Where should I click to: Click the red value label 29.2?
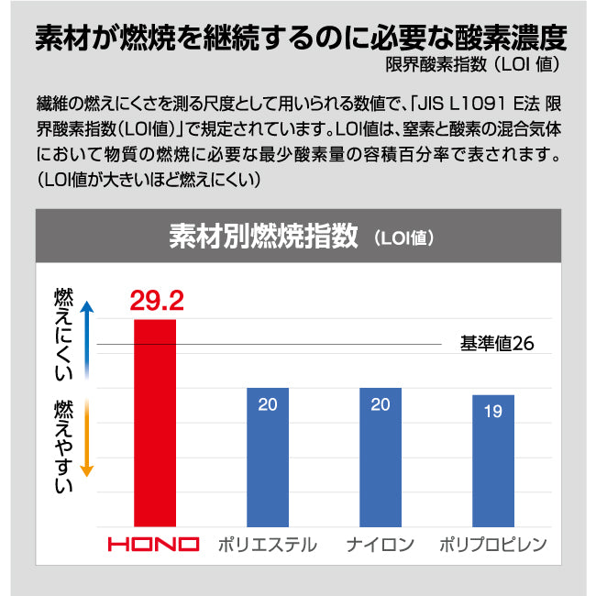[x=157, y=300]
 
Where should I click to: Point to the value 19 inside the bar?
[x=492, y=412]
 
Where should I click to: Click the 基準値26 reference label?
[x=496, y=345]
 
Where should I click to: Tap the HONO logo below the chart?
[x=154, y=544]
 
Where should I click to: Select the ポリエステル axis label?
[x=268, y=545]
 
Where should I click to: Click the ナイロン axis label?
[x=381, y=545]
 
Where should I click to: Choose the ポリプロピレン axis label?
[x=493, y=545]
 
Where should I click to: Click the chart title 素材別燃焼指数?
[x=262, y=237]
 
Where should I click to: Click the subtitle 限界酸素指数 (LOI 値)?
[x=472, y=66]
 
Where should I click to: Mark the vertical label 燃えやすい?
[x=63, y=447]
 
